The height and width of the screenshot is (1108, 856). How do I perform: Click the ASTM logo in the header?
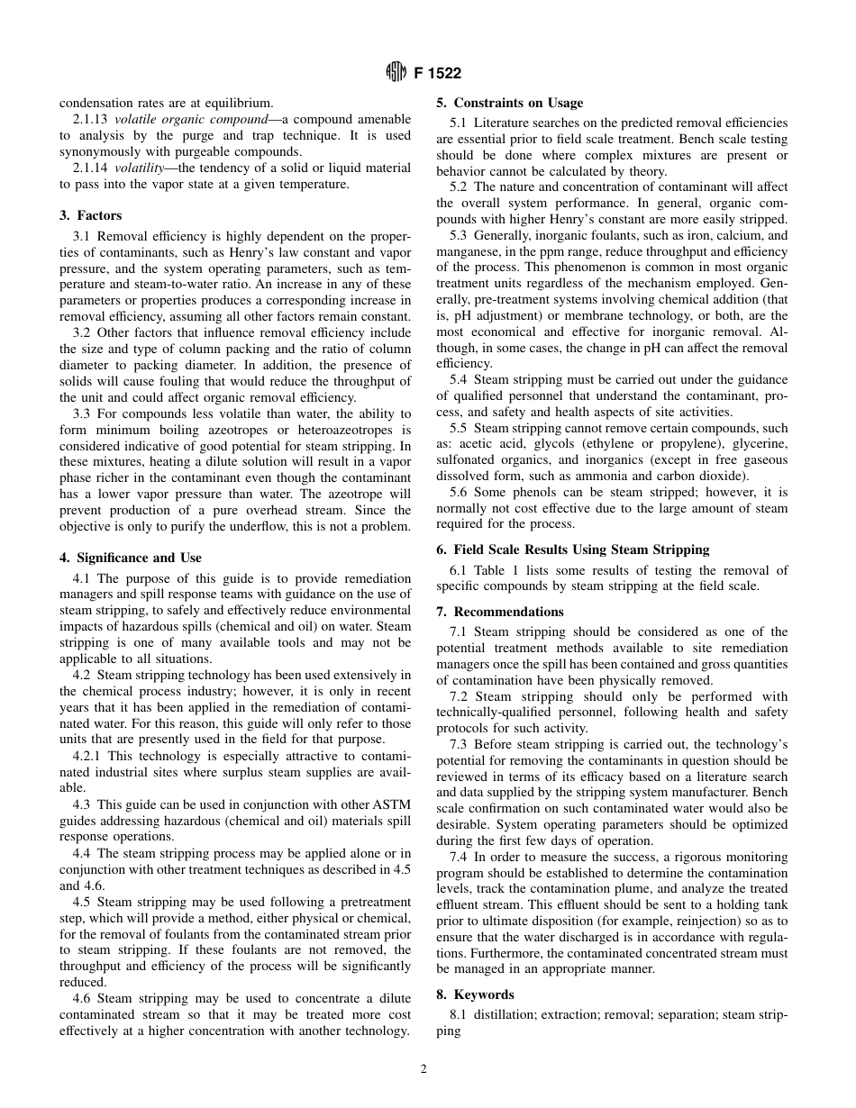(x=397, y=74)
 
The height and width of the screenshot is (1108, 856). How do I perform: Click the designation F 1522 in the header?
(x=438, y=74)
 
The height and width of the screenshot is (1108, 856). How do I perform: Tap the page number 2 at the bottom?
(x=423, y=1069)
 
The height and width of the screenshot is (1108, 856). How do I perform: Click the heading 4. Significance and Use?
(x=131, y=558)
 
